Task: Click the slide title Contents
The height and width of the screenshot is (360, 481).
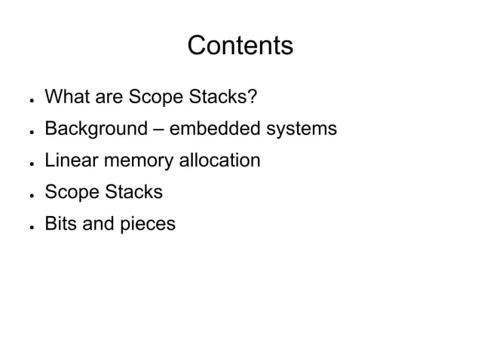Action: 240,47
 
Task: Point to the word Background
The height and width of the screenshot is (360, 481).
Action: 95,129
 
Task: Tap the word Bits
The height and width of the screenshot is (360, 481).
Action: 59,224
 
